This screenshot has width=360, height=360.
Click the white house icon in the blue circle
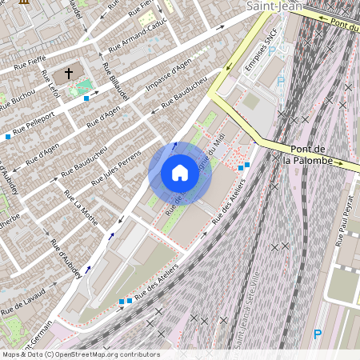point(180,173)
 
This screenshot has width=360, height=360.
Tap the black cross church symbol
point(69,74)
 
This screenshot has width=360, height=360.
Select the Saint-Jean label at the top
point(274,6)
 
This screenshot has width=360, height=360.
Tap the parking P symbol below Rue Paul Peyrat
point(318,334)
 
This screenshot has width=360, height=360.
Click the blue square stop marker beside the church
point(86,98)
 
